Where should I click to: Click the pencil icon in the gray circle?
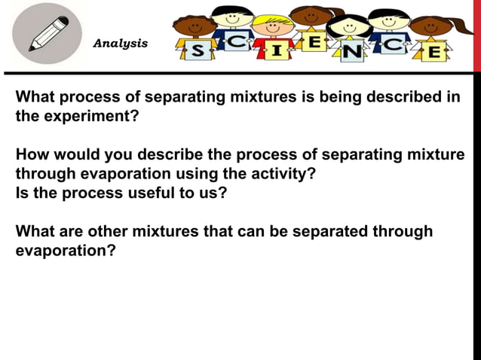[46, 34]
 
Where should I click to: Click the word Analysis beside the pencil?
[120, 44]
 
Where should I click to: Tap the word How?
[32, 156]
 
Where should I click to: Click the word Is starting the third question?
[23, 193]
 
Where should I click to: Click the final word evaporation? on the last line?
[66, 250]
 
